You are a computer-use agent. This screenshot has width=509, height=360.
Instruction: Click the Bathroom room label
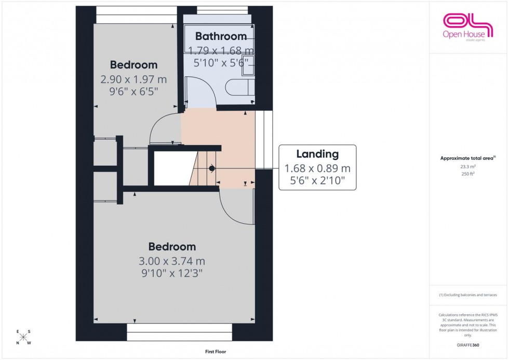[x=221, y=36]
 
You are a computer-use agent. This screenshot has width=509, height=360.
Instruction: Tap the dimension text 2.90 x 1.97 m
[x=133, y=80]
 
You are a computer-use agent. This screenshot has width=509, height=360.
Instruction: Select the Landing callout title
[x=317, y=154]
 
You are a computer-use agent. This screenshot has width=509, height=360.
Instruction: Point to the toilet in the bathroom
[x=240, y=88]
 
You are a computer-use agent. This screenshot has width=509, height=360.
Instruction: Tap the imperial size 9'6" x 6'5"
[x=133, y=91]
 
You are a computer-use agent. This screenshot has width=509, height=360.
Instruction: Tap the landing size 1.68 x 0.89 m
[x=317, y=168]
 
